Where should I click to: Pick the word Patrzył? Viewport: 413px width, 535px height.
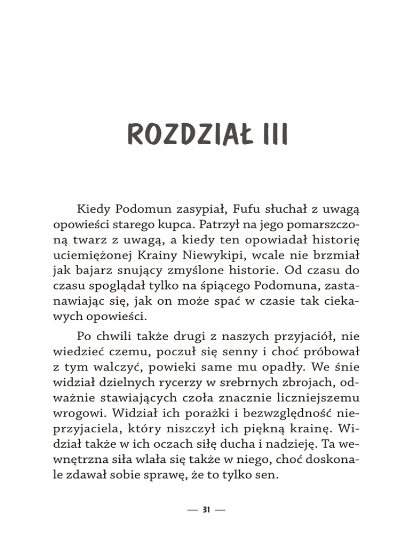coord(231,222)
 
